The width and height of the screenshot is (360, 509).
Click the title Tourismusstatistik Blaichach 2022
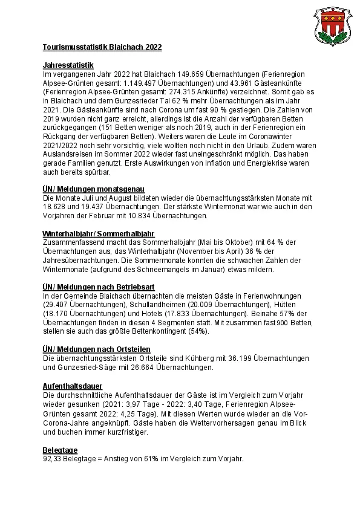102,47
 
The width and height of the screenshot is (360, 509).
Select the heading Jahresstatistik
68,64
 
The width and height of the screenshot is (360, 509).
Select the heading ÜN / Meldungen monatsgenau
94,189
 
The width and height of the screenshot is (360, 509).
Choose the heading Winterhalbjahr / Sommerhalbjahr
99,233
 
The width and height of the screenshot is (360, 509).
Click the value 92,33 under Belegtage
53,459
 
